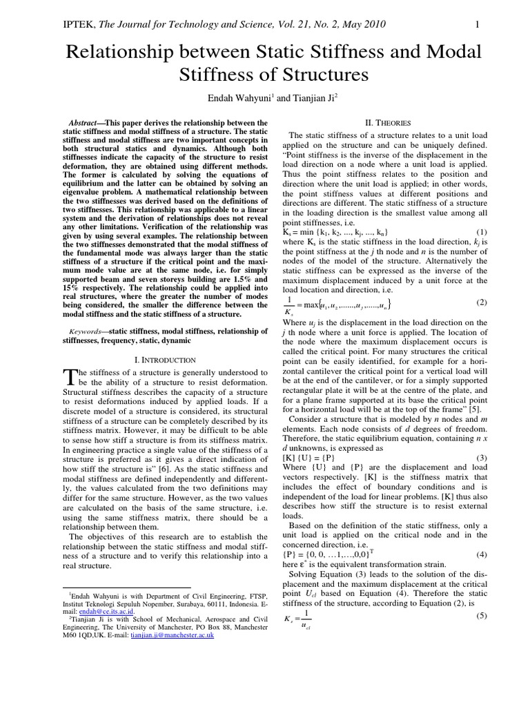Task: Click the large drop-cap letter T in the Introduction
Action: (68, 376)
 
